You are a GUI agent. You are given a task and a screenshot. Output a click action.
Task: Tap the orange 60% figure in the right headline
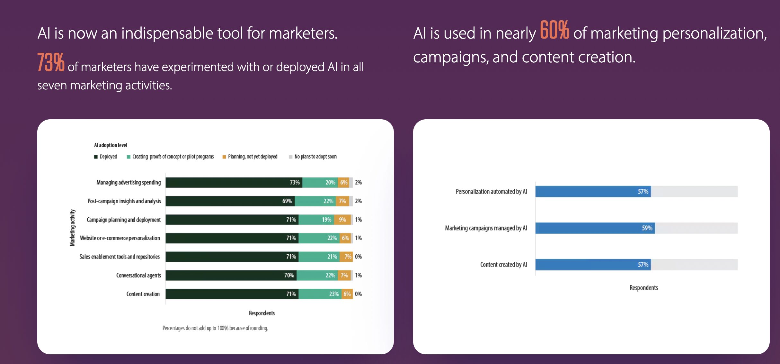[x=554, y=30]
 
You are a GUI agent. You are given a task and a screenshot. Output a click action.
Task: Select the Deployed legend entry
[x=106, y=157]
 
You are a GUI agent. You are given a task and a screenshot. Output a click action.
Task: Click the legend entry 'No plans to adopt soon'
[x=313, y=157]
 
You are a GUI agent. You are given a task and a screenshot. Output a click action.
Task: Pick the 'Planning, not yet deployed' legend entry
[x=250, y=157]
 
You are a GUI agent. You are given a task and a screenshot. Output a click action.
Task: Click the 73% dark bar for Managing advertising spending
[x=234, y=182]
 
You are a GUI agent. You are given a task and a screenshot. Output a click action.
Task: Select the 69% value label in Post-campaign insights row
[x=287, y=201]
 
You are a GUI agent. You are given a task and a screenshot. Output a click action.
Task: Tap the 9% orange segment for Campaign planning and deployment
[x=342, y=220]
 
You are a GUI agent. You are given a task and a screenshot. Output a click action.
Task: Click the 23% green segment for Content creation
[x=320, y=294]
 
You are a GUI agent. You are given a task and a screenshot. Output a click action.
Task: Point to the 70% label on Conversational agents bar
[x=289, y=275]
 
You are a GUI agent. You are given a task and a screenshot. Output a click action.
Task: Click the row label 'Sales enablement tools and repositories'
[x=120, y=257]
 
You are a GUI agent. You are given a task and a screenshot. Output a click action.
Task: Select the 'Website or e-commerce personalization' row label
[x=120, y=238]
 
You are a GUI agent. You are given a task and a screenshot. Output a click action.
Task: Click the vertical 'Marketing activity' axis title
[x=73, y=228]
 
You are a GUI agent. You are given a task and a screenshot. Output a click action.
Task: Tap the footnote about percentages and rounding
[x=215, y=328]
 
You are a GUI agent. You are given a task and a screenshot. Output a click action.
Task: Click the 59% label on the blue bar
[x=647, y=228]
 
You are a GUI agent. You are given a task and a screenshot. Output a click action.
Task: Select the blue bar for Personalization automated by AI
[x=593, y=191]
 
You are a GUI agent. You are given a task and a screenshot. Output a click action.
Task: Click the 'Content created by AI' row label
[x=504, y=265]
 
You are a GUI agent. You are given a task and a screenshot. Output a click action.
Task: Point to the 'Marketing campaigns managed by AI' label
[x=486, y=228]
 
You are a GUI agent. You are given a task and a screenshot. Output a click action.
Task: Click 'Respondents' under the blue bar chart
[x=644, y=288]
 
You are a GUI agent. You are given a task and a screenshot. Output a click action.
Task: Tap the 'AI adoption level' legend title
[x=111, y=145]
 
